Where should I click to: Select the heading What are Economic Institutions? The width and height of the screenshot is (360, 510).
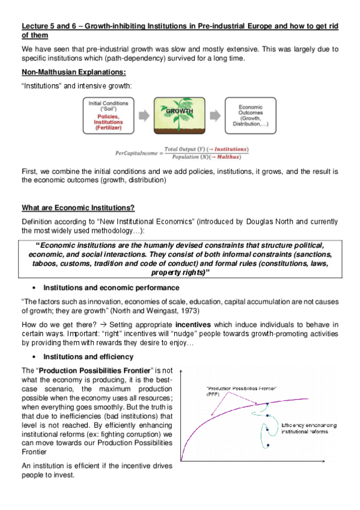point(78,208)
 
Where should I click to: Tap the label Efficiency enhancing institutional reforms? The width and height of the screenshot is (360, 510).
point(309,428)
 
